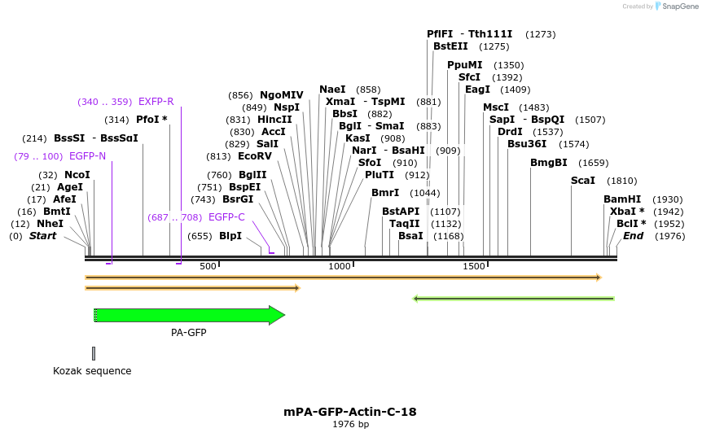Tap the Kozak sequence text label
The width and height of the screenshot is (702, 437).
[x=92, y=371]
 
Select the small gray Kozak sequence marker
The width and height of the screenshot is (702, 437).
[x=94, y=353]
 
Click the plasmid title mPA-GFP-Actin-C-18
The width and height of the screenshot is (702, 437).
[x=350, y=412]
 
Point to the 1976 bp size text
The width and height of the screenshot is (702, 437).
[x=350, y=424]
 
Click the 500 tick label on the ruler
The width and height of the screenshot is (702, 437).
[x=208, y=266]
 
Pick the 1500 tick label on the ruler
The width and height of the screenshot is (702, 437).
[x=474, y=266]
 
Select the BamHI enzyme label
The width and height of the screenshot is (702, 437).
[x=621, y=199]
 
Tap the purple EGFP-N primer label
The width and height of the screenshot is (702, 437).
[x=87, y=156]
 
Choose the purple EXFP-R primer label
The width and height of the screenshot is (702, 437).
[x=156, y=102]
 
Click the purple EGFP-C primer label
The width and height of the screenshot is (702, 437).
[x=226, y=217]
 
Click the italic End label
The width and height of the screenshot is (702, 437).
[x=633, y=236]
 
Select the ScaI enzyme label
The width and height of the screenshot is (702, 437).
[x=582, y=181]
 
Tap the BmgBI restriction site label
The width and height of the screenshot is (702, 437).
[x=548, y=163]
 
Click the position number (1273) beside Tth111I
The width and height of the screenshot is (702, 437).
[x=541, y=34]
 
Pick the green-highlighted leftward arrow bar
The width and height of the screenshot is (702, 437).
[x=514, y=299]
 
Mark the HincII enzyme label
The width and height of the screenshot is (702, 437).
[x=274, y=120]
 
